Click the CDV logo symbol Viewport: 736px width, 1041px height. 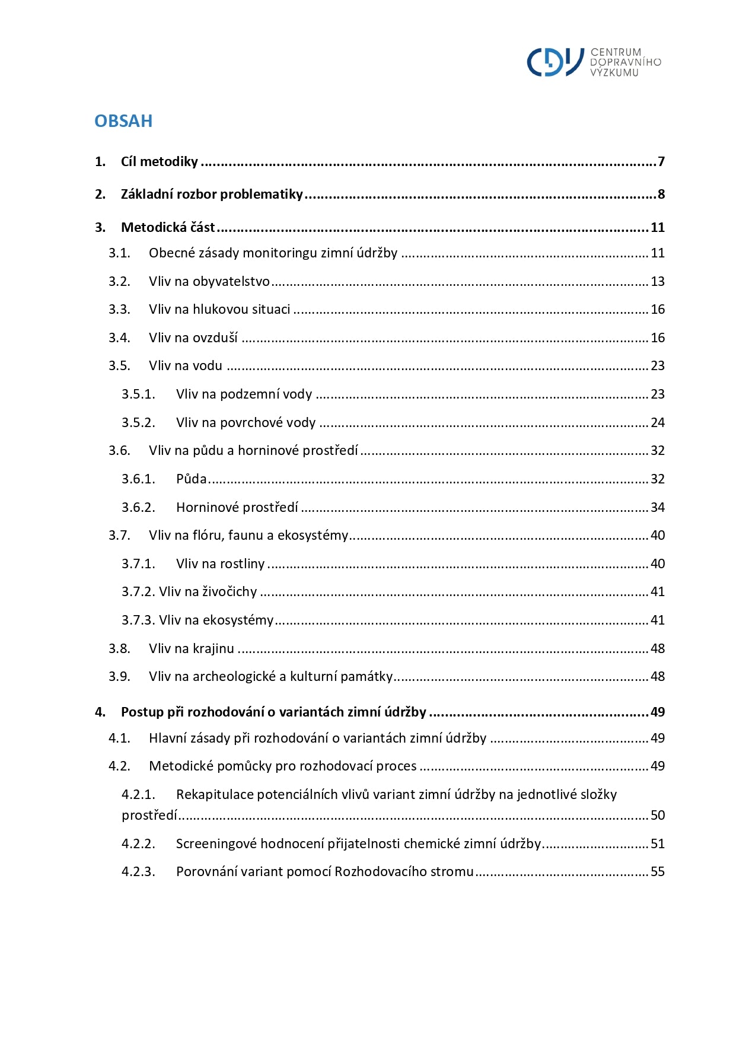point(555,62)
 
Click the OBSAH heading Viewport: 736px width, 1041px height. point(123,121)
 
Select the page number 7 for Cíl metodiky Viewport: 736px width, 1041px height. point(661,162)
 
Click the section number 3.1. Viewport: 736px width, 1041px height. point(119,253)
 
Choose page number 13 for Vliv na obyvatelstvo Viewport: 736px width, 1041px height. point(658,282)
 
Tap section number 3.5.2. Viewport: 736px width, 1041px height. point(138,423)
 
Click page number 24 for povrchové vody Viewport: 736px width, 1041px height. point(658,423)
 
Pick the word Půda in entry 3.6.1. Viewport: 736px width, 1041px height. point(192,479)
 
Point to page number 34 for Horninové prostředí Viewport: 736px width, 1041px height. point(658,508)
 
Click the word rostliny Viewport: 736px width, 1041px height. point(242,564)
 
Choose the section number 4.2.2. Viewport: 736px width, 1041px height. point(138,844)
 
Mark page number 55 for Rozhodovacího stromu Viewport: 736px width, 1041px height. point(658,872)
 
